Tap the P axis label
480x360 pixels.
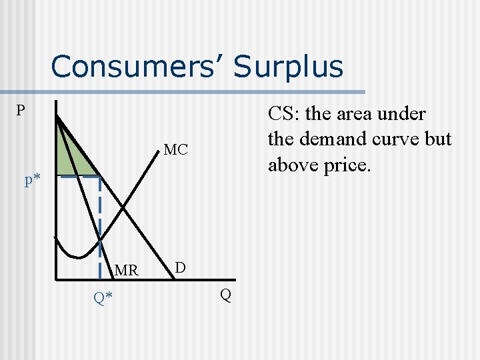[21, 110]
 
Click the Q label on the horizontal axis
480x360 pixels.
[226, 295]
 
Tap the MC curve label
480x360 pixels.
[175, 150]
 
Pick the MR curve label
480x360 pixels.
[126, 271]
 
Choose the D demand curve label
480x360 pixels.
[180, 267]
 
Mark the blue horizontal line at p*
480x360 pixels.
[77, 177]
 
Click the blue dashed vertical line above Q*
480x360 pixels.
[100, 213]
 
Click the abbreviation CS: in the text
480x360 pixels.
[285, 114]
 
